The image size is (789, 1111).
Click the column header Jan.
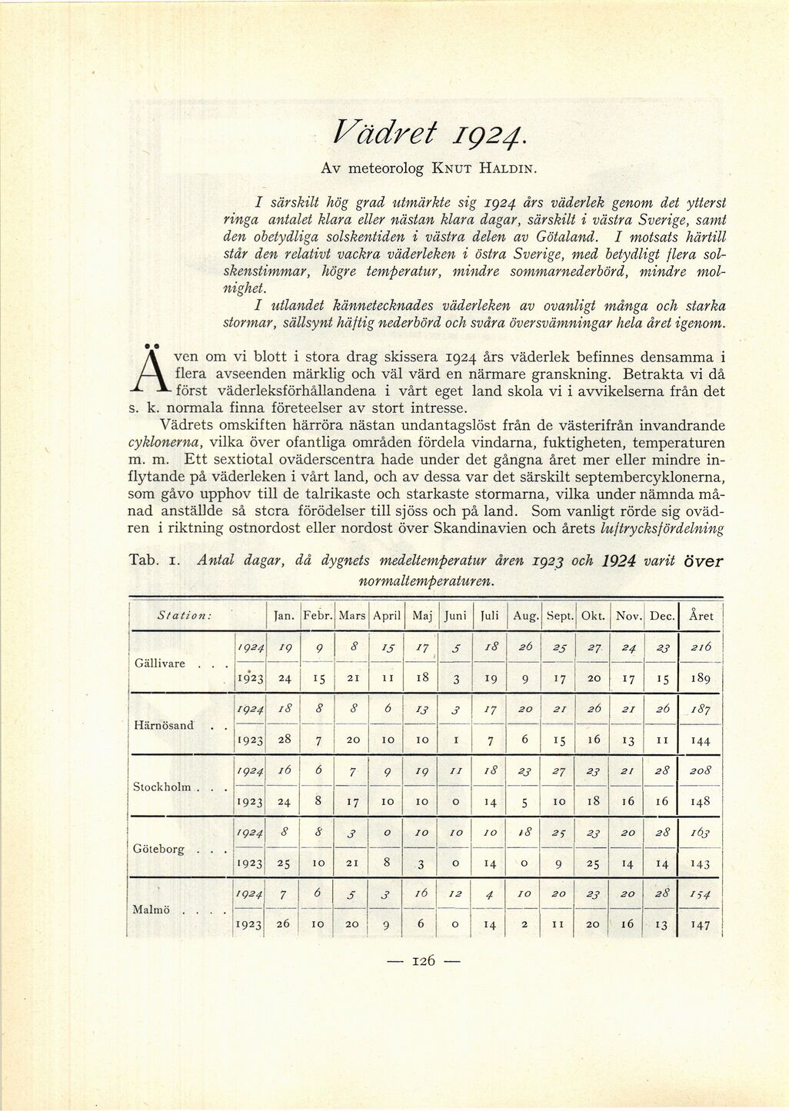[x=284, y=616]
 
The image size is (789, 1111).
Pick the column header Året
[x=701, y=616]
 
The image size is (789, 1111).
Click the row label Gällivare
[x=160, y=663]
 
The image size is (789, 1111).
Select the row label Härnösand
[x=163, y=725]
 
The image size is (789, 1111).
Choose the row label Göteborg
[x=159, y=849]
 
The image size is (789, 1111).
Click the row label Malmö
[x=151, y=909]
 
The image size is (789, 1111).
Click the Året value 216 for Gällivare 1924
[x=700, y=647]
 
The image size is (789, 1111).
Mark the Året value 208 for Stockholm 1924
[x=701, y=770]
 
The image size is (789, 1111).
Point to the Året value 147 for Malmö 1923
[x=701, y=925]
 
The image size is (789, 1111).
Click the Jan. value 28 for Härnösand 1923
[x=284, y=739]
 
